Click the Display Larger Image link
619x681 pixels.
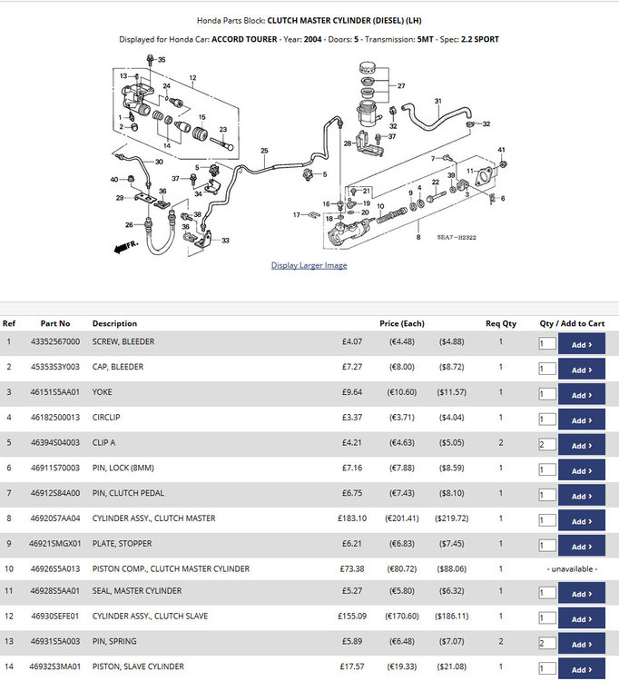tap(309, 265)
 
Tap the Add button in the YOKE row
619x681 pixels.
tap(581, 394)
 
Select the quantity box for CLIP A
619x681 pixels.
tap(547, 444)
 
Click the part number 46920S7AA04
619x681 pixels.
tap(55, 518)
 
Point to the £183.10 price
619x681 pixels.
tap(352, 518)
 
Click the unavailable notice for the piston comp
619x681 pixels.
tap(572, 569)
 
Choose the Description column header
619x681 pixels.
tap(114, 323)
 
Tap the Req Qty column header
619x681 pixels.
tap(501, 323)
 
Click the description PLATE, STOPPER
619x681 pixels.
tap(122, 543)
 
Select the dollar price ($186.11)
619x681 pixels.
tap(452, 616)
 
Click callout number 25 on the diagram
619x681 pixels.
tap(264, 151)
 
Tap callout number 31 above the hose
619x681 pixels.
tap(438, 101)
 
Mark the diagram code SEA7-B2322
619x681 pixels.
tap(457, 237)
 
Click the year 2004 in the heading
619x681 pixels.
tap(312, 39)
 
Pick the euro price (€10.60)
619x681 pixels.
tap(402, 392)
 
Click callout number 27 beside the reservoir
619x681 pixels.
tap(401, 86)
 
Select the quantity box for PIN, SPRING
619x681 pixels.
tap(547, 643)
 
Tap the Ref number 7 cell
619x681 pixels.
tap(9, 493)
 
